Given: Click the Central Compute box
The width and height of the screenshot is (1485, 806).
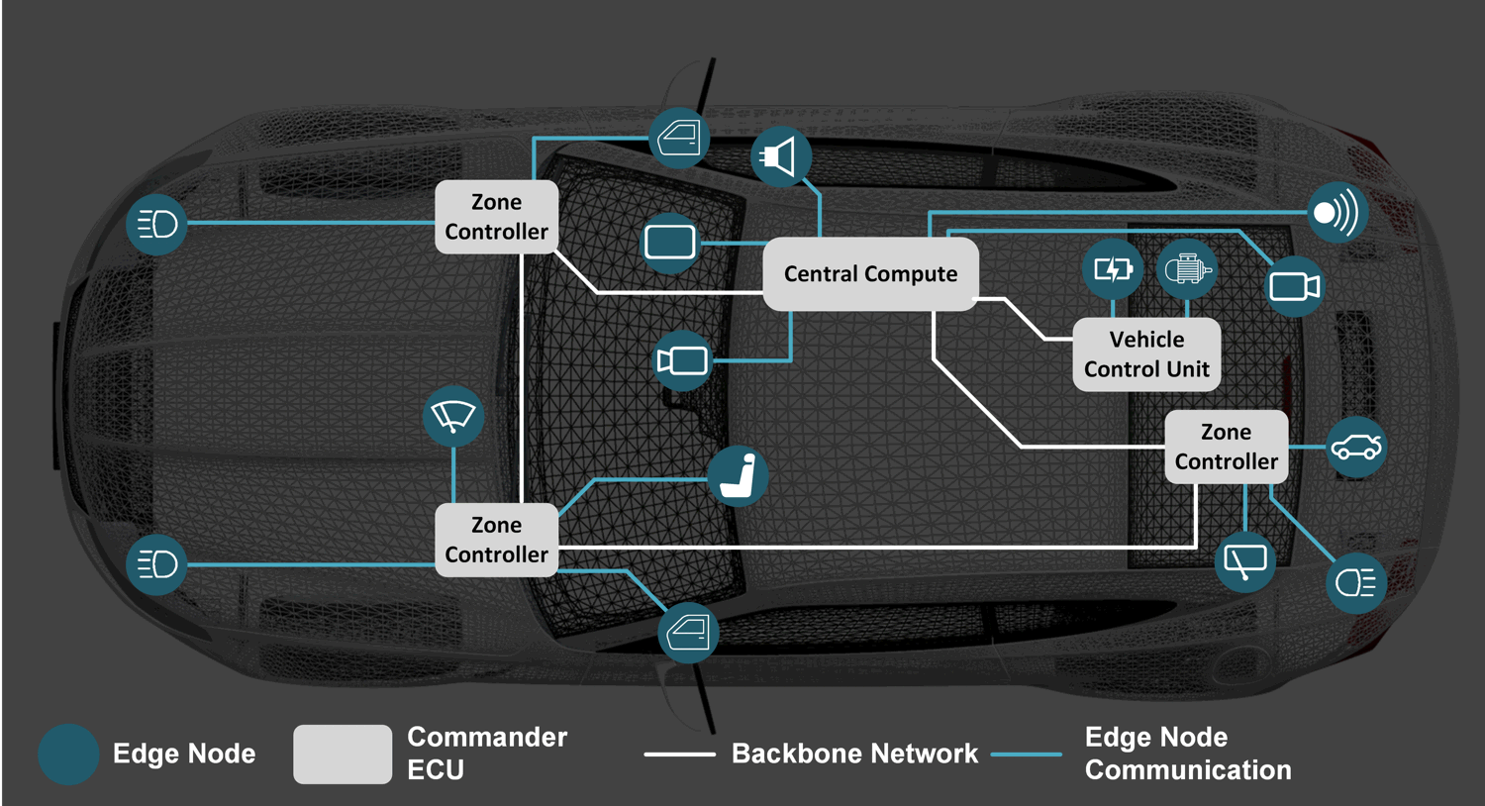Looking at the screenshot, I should pyautogui.click(x=870, y=274).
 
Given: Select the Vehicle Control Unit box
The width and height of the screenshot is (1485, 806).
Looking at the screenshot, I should pyautogui.click(x=1146, y=354).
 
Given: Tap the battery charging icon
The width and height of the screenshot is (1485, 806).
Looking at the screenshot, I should pyautogui.click(x=1113, y=269).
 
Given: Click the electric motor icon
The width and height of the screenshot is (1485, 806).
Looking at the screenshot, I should pyautogui.click(x=1186, y=269).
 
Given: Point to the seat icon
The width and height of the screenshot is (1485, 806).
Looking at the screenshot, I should pyautogui.click(x=739, y=476).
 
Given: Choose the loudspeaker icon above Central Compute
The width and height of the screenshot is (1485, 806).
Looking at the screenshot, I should pyautogui.click(x=781, y=156).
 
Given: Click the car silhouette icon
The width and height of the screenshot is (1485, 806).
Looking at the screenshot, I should pyautogui.click(x=1355, y=448).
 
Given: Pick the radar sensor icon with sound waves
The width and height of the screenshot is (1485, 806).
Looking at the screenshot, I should pyautogui.click(x=1337, y=213).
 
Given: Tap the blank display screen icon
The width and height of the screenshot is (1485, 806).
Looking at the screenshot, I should pyautogui.click(x=670, y=243).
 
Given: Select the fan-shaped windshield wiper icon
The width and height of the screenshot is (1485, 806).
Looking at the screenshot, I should pyautogui.click(x=453, y=416).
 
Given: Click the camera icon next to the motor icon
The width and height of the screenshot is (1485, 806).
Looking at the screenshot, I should pyautogui.click(x=1294, y=287).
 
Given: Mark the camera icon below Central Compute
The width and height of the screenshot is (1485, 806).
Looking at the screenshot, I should pyautogui.click(x=683, y=360).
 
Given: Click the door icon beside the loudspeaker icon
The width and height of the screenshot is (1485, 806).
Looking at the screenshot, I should pyautogui.click(x=680, y=138).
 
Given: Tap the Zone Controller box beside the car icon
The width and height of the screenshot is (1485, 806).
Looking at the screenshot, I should pyautogui.click(x=1226, y=447).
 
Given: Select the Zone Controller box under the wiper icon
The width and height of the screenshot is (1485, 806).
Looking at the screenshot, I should pyautogui.click(x=496, y=540).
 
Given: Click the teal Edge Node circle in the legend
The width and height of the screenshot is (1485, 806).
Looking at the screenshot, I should pyautogui.click(x=68, y=755).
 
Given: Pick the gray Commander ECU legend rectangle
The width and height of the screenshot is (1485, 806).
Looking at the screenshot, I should pyautogui.click(x=343, y=755).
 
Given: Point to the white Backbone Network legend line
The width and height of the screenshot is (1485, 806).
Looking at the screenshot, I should pyautogui.click(x=679, y=755).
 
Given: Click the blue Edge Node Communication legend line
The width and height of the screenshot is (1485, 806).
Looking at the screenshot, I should pyautogui.click(x=1027, y=755).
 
